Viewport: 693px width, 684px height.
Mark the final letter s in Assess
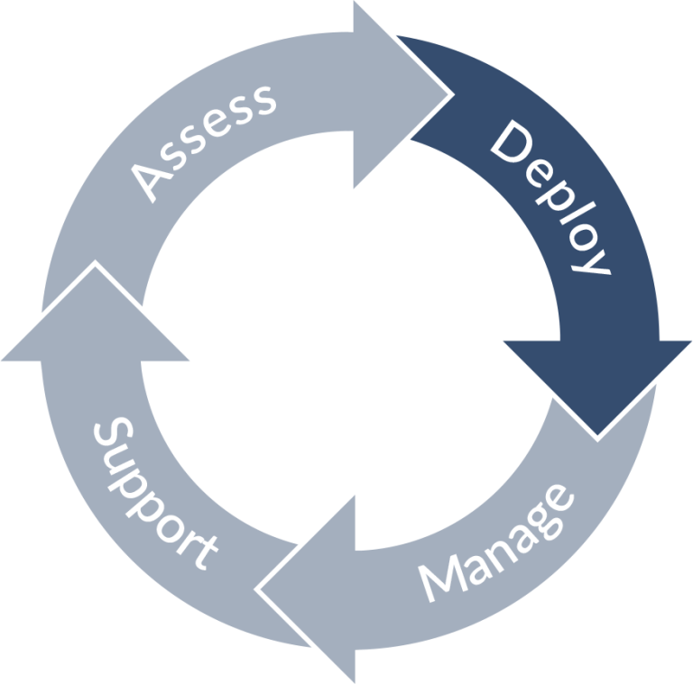261,99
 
